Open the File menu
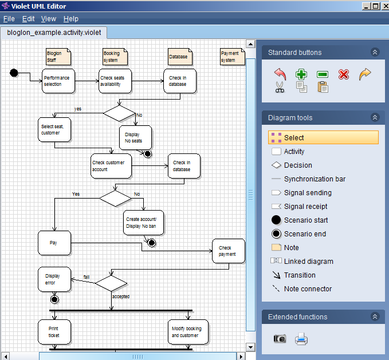(x=9, y=19)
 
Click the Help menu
(x=70, y=19)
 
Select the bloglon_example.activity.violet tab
(x=54, y=33)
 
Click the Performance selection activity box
(x=58, y=81)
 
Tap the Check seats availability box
(x=115, y=81)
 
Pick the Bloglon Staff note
(x=58, y=57)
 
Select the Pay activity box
(x=54, y=243)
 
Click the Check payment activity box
(x=228, y=251)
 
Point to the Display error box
(x=54, y=279)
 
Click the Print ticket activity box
(x=54, y=332)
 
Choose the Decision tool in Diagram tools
(x=298, y=165)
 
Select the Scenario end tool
(x=305, y=234)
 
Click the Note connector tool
(x=308, y=289)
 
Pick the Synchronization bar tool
(x=315, y=179)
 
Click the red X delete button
(x=343, y=74)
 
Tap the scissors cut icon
(x=280, y=87)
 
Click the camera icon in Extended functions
(x=280, y=339)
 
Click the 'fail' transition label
(x=87, y=277)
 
